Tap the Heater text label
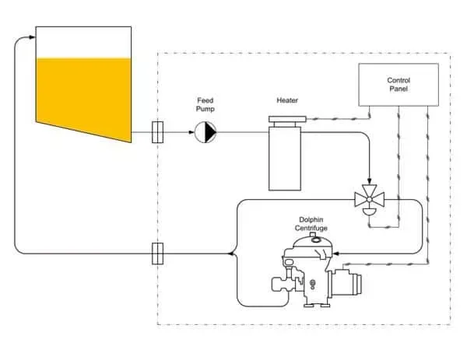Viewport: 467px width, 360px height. tap(287, 100)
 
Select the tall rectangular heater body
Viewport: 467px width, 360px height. tap(285, 160)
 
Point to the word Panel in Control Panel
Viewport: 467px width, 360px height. tap(399, 90)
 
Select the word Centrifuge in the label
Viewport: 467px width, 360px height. tap(311, 228)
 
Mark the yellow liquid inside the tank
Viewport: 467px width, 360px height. tap(82, 93)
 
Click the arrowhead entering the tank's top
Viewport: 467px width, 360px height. tap(31, 37)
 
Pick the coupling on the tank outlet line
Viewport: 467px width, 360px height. tap(157, 133)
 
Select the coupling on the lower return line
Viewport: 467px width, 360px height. tap(157, 253)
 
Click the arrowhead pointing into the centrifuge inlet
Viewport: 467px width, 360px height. tap(337, 253)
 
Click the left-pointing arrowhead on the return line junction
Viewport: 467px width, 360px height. tap(229, 253)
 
